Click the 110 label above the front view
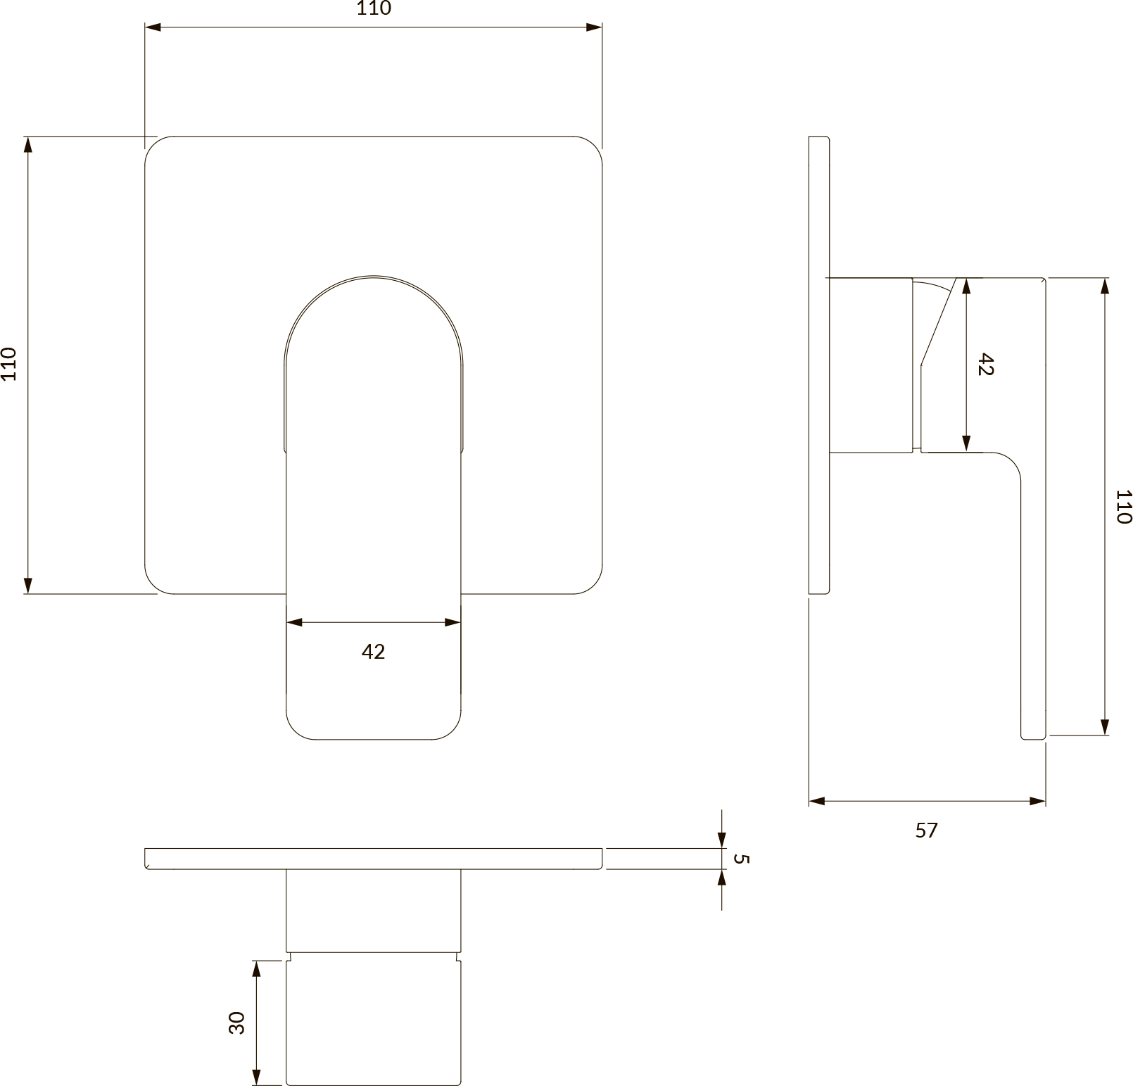(374, 8)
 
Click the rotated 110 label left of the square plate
(8, 364)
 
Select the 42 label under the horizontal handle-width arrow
(374, 652)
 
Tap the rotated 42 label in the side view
(985, 365)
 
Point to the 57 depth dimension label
(927, 831)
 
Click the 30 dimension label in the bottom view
(237, 1023)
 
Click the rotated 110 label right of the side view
(1124, 507)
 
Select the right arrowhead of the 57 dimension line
(1037, 801)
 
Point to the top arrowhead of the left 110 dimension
(28, 145)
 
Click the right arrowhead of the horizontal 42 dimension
(452, 622)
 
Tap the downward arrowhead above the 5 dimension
(722, 840)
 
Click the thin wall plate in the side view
(820, 365)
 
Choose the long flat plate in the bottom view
(374, 859)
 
